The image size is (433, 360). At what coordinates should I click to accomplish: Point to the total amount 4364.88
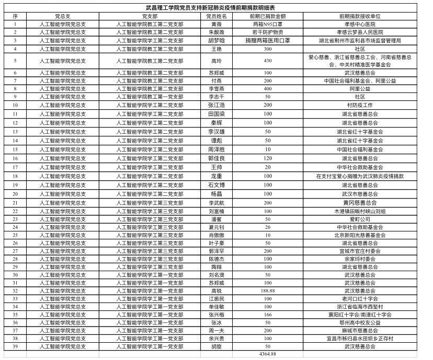coord(267,355)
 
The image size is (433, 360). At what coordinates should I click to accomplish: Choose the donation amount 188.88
coord(267,291)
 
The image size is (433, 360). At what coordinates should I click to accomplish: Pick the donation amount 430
coord(267,61)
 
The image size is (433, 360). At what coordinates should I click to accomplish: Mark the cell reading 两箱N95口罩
coord(267,25)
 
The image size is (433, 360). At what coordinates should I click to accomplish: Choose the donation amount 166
coord(267,315)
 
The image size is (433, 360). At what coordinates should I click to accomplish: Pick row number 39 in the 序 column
coord(15,346)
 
